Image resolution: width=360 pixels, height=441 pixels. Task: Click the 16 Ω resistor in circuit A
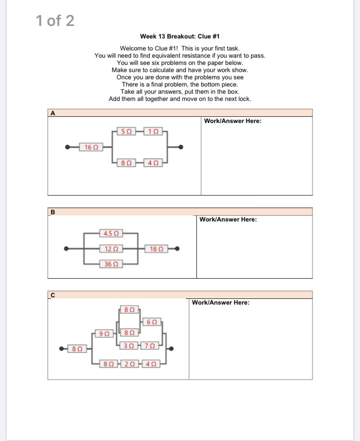[91, 147]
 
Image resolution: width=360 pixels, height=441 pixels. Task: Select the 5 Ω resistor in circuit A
[126, 131]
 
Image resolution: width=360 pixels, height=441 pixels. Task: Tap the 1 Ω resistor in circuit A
[153, 131]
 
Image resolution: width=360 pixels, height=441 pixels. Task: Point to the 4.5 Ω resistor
[111, 233]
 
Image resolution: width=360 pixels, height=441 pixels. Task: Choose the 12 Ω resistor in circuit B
[111, 248]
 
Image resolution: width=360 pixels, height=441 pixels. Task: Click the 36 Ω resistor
[111, 264]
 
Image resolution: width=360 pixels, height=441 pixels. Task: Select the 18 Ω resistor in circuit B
[156, 248]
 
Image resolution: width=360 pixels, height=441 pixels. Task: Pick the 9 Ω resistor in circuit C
[104, 332]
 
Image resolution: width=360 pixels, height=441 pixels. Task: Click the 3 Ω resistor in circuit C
[128, 345]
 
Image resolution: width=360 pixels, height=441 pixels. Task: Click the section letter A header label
[53, 113]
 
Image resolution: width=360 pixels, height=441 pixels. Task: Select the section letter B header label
[53, 212]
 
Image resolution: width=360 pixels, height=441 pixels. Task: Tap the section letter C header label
[52, 295]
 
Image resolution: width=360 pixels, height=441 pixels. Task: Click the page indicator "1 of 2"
[55, 21]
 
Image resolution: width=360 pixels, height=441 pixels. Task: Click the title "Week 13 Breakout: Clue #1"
[180, 37]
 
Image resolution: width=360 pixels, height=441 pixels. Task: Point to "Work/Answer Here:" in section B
[228, 220]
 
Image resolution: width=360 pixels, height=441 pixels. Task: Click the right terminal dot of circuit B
[178, 248]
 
